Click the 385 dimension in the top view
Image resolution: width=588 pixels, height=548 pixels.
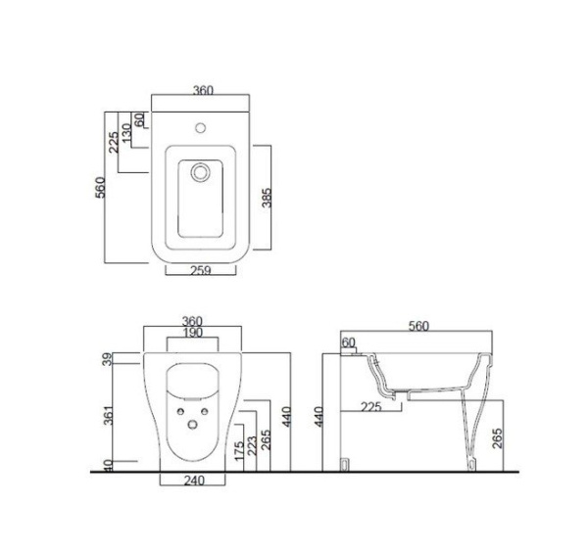pyautogui.click(x=267, y=198)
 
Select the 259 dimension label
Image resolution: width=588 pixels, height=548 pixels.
pyautogui.click(x=201, y=270)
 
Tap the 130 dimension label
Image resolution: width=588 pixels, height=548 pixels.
pyautogui.click(x=126, y=134)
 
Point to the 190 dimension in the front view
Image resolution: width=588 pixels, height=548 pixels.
pyautogui.click(x=193, y=333)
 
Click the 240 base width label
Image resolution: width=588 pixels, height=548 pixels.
pyautogui.click(x=194, y=480)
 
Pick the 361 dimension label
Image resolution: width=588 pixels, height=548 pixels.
pyautogui.click(x=109, y=415)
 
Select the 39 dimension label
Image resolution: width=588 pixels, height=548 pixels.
pyautogui.click(x=108, y=359)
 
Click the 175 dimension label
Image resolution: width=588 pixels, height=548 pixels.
pyautogui.click(x=239, y=451)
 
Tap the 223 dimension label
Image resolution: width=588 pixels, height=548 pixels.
pyautogui.click(x=252, y=445)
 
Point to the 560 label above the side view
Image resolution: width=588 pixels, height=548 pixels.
pyautogui.click(x=418, y=326)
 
